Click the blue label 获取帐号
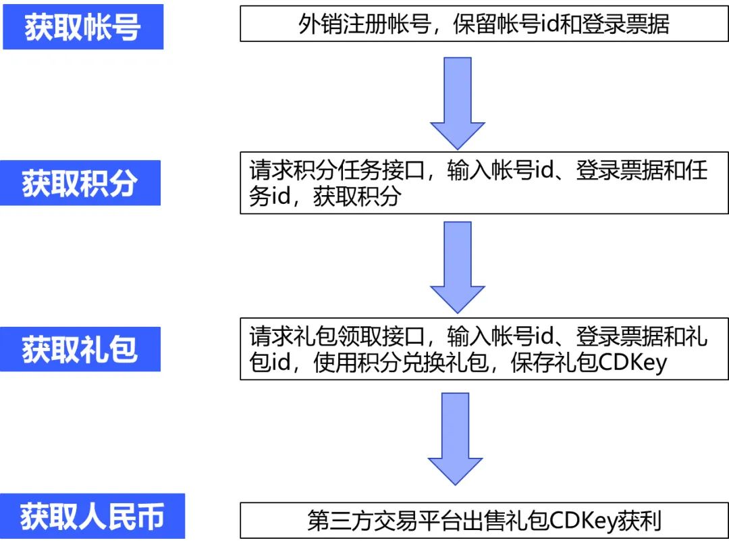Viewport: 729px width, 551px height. pyautogui.click(x=83, y=27)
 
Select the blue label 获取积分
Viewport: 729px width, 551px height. pyautogui.click(x=80, y=183)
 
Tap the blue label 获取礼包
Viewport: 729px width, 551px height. pyautogui.click(x=80, y=349)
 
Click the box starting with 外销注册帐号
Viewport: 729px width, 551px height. pyautogui.click(x=484, y=24)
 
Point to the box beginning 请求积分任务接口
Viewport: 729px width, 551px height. pyautogui.click(x=484, y=182)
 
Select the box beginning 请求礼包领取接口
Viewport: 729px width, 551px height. pyautogui.click(x=484, y=349)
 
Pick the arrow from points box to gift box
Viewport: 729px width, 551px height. pyautogui.click(x=458, y=267)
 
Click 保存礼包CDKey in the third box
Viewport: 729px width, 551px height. pyautogui.click(x=589, y=363)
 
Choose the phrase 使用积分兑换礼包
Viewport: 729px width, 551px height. pyautogui.click(x=407, y=363)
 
